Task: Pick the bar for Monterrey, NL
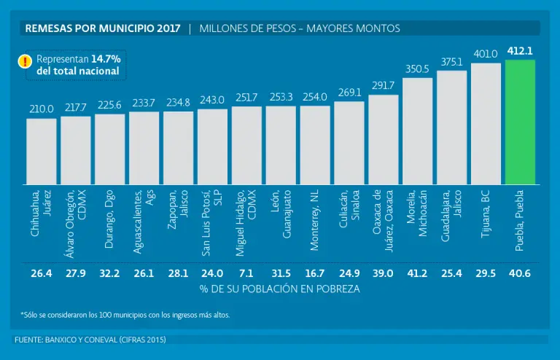(x=315, y=146)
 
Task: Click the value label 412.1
(x=520, y=50)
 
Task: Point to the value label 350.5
(x=417, y=69)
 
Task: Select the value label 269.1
(x=349, y=93)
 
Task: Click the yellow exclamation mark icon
(x=24, y=61)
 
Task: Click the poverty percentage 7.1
(x=246, y=273)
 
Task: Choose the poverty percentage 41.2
(x=417, y=273)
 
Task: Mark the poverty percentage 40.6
(x=520, y=273)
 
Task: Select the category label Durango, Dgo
(x=109, y=218)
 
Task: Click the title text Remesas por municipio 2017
(x=103, y=28)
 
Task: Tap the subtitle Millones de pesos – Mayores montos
(x=299, y=28)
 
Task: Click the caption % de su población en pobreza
(x=279, y=289)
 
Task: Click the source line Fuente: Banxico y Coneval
(x=90, y=340)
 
